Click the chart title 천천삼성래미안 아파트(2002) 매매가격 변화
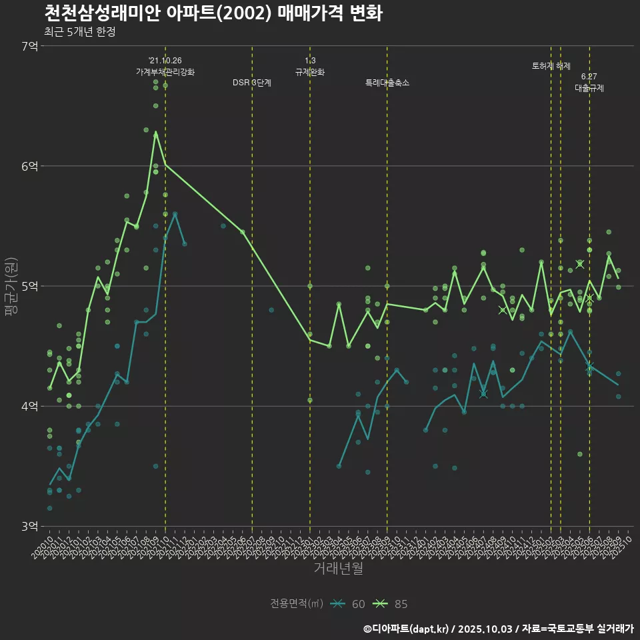coord(213,13)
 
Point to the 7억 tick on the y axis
coord(29,46)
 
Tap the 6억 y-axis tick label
coord(29,166)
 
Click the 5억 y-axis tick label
coord(29,286)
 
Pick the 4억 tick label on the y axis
coord(29,406)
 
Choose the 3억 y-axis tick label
coord(29,526)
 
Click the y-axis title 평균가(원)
coord(13,286)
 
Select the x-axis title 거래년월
coord(339,568)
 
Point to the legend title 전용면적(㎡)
coord(297,604)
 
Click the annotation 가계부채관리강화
coord(165,72)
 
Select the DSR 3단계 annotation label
coord(252,83)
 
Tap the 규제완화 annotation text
coord(310,72)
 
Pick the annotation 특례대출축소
coord(387,83)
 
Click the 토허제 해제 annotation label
coord(551,66)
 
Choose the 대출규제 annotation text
coord(589,88)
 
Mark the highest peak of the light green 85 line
coord(156,132)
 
